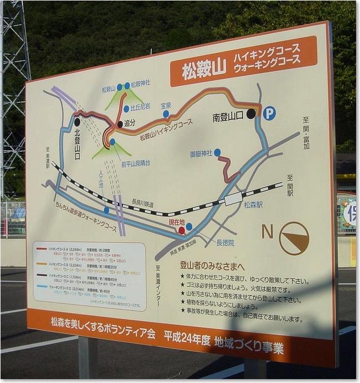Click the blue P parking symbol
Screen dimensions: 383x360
(x=269, y=113)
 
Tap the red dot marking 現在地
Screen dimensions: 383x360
(x=182, y=230)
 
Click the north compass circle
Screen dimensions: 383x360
(x=294, y=238)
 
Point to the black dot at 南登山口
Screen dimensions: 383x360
(x=251, y=113)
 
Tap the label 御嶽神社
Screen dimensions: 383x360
(x=201, y=153)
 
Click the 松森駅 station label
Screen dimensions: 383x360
(x=253, y=204)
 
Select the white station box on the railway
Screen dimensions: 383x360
(x=233, y=198)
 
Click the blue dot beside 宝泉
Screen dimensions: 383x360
(x=166, y=114)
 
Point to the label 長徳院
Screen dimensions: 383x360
(x=225, y=242)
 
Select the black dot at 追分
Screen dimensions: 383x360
(x=120, y=124)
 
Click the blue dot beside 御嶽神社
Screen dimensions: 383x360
(x=217, y=152)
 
